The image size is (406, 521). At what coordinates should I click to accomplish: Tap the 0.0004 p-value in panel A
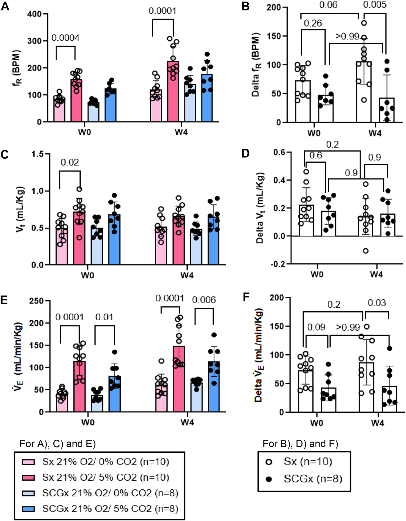click(65, 38)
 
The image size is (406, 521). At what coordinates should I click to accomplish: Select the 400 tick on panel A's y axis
click(34, 14)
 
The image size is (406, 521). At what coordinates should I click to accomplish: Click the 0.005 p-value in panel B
click(375, 5)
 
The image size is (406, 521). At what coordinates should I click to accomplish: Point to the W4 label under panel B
click(375, 133)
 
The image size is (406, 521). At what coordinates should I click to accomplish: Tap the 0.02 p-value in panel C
click(70, 162)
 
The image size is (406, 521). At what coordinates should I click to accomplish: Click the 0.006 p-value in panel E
click(204, 300)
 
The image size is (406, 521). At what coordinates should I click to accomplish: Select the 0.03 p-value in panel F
click(377, 303)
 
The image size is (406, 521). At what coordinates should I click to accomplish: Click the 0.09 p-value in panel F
click(316, 327)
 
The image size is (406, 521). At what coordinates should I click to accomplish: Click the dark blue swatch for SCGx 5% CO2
click(28, 509)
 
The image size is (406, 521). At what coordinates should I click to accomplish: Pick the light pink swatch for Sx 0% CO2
click(28, 462)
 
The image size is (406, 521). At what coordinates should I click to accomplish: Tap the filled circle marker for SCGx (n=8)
click(269, 479)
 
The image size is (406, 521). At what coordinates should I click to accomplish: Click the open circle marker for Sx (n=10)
click(269, 462)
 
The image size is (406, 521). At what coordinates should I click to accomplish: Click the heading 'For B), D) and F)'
click(300, 444)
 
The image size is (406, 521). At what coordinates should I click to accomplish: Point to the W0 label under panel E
click(88, 422)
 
